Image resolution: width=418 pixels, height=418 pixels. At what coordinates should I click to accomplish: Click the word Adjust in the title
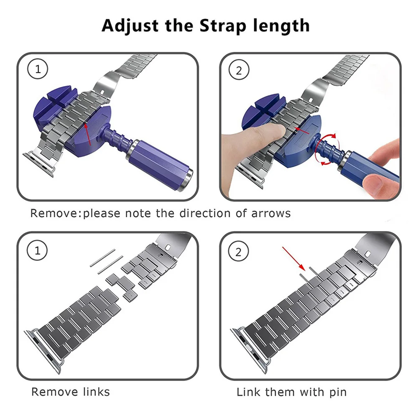(x=128, y=26)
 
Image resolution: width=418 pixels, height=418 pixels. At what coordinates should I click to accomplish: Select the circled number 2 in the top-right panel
(x=239, y=70)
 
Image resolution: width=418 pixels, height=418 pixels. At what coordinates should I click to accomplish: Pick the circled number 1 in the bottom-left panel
(x=38, y=251)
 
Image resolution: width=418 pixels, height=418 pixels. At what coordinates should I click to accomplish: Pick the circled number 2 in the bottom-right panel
(x=239, y=252)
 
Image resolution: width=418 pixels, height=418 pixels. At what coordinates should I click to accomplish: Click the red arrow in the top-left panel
(x=89, y=133)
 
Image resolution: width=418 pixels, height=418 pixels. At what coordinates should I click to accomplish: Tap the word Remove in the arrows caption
(x=54, y=213)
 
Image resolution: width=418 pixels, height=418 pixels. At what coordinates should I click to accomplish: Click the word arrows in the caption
(x=271, y=213)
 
